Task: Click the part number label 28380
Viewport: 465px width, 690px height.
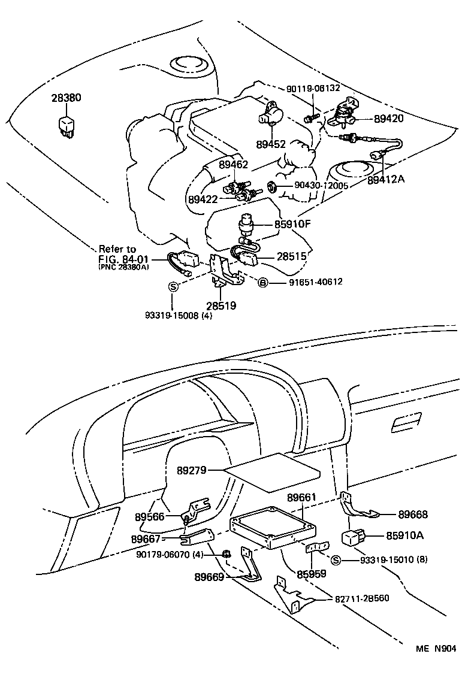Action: pos(66,98)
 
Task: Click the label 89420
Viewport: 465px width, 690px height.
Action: pos(389,119)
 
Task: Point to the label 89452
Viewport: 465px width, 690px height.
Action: pos(271,144)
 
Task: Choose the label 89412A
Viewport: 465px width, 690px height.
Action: pos(387,179)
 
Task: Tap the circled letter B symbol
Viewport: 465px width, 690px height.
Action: pos(262,282)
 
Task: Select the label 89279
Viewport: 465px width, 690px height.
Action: pos(192,470)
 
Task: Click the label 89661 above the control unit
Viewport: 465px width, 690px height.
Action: pos(302,498)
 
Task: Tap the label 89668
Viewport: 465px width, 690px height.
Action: pos(413,514)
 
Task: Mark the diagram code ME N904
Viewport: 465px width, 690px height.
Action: pos(436,649)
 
